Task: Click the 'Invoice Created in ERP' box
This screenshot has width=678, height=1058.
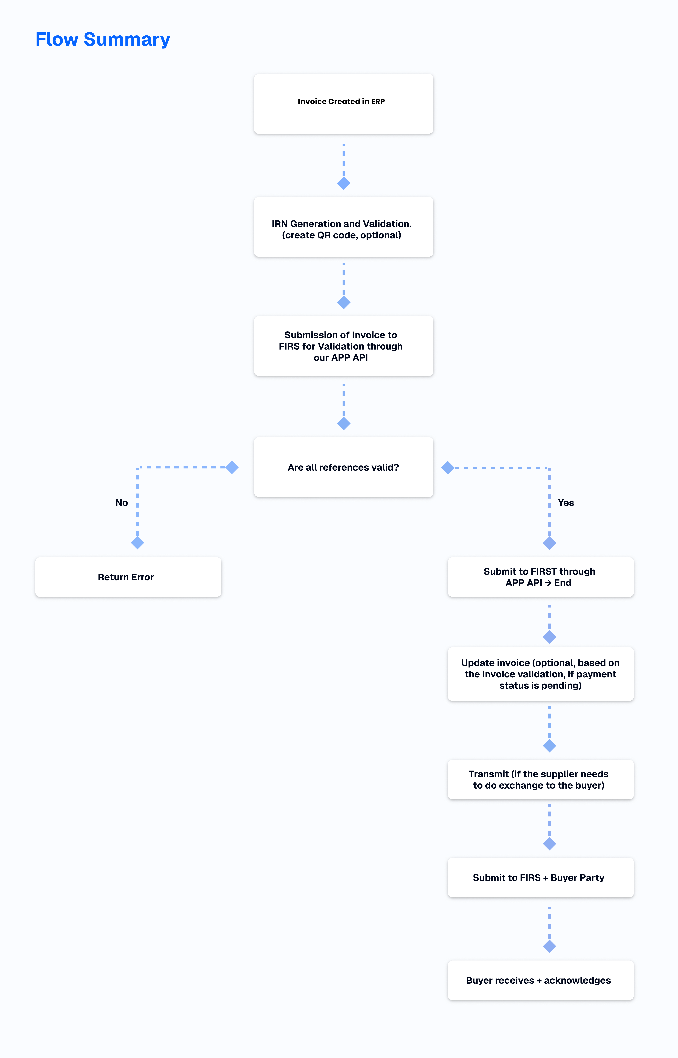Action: click(x=343, y=104)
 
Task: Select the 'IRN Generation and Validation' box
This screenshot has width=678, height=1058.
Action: click(x=343, y=227)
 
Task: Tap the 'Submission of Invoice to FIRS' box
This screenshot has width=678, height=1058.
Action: click(x=343, y=346)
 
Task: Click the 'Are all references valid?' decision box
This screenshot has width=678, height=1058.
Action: click(x=343, y=467)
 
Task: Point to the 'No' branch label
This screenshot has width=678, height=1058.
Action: click(x=121, y=503)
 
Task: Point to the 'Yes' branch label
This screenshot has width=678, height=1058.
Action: click(x=566, y=503)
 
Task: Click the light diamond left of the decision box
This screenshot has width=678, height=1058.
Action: click(x=232, y=467)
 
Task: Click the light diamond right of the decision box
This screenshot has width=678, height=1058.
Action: click(x=448, y=467)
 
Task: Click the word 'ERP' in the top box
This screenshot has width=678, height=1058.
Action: click(x=378, y=101)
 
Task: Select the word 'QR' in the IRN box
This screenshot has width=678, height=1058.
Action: click(x=324, y=235)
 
